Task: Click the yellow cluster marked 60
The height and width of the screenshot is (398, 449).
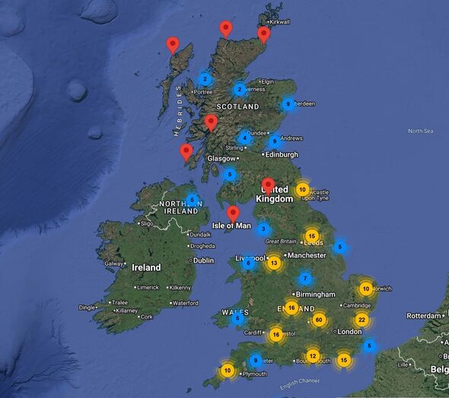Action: coord(319,320)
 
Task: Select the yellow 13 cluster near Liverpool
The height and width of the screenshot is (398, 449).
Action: coord(274,263)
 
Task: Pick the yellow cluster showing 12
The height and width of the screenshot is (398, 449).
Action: coord(312,355)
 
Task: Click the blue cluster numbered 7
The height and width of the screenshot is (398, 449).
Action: coord(305,279)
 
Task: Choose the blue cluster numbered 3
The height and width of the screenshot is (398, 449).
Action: coord(263,228)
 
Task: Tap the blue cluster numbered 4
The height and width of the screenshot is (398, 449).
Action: coord(244,138)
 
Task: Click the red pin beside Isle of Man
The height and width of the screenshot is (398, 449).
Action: coord(234,213)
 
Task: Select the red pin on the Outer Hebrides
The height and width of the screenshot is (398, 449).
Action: coord(173,45)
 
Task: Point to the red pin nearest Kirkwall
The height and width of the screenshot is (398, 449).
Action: coord(263,33)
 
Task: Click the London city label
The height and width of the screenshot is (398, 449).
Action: coord(350,332)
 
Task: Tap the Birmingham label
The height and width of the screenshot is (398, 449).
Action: coord(315,294)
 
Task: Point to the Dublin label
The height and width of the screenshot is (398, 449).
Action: coord(203,259)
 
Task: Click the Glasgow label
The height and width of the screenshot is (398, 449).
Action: coord(221,158)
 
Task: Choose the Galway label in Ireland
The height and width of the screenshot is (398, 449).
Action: coord(114,264)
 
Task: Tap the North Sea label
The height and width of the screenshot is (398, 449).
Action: coord(420,131)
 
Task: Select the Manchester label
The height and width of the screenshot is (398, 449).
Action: coord(307,255)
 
